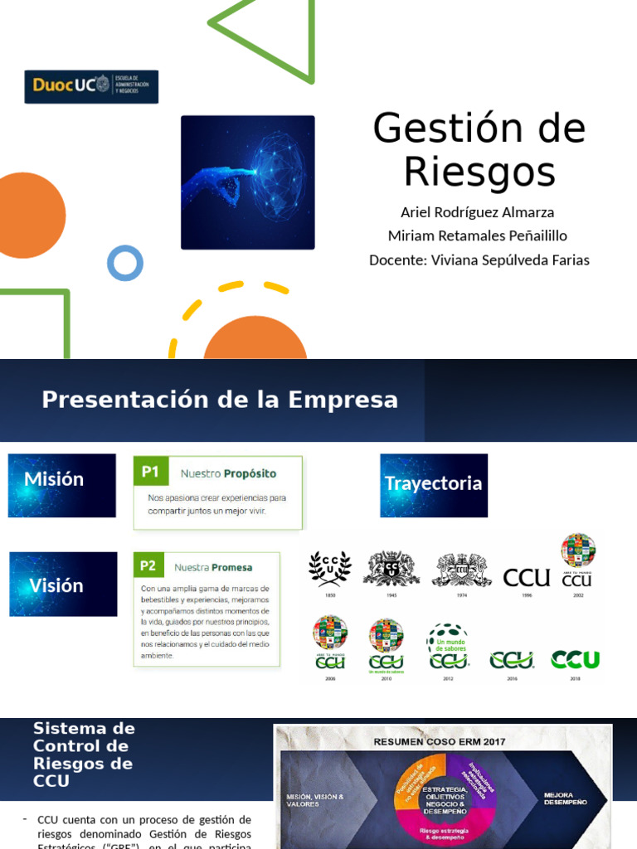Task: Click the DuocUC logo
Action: [x=91, y=86]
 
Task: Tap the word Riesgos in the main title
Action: [x=479, y=172]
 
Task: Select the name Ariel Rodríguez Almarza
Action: [x=477, y=212]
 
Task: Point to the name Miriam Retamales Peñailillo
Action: [x=478, y=236]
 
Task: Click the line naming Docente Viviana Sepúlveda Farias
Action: [x=479, y=260]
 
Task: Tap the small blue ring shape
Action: [x=125, y=264]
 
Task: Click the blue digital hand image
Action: [x=248, y=182]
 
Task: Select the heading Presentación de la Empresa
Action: [x=220, y=400]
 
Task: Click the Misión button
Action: [x=62, y=485]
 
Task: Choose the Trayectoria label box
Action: [x=434, y=485]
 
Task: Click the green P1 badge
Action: [x=150, y=472]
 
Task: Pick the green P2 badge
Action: [x=148, y=566]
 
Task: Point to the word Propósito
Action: [x=250, y=473]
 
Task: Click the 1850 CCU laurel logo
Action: [x=330, y=569]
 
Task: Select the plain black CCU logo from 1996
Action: [x=527, y=577]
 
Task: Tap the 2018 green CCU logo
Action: [x=576, y=660]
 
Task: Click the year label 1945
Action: [x=391, y=594]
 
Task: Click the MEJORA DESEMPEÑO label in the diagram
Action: [x=565, y=798]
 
